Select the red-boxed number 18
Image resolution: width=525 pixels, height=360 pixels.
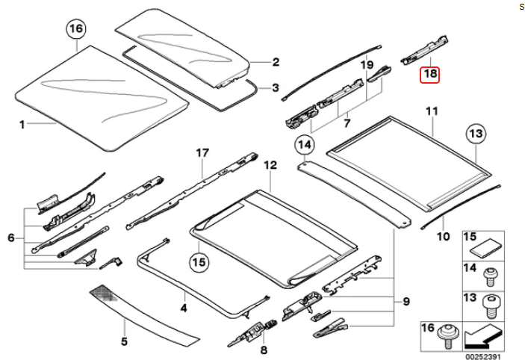tap(430, 74)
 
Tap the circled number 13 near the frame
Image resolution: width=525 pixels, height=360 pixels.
tap(476, 134)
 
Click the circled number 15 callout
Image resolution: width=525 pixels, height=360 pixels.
tap(198, 262)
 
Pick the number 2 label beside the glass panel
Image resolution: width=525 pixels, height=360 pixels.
tap(275, 62)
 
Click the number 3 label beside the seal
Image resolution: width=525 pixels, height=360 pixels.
tap(275, 87)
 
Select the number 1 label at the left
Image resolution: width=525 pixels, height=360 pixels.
tap(22, 125)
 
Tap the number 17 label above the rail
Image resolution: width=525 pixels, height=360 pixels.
tap(200, 153)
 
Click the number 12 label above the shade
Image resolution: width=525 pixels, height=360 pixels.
tap(270, 164)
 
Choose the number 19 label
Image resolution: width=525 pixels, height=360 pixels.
tap(367, 66)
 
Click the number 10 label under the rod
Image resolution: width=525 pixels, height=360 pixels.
tap(444, 238)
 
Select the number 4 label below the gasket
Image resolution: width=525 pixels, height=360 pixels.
tap(183, 305)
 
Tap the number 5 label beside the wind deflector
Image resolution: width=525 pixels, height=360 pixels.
tap(125, 343)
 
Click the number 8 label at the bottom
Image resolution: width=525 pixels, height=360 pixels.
tap(263, 350)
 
